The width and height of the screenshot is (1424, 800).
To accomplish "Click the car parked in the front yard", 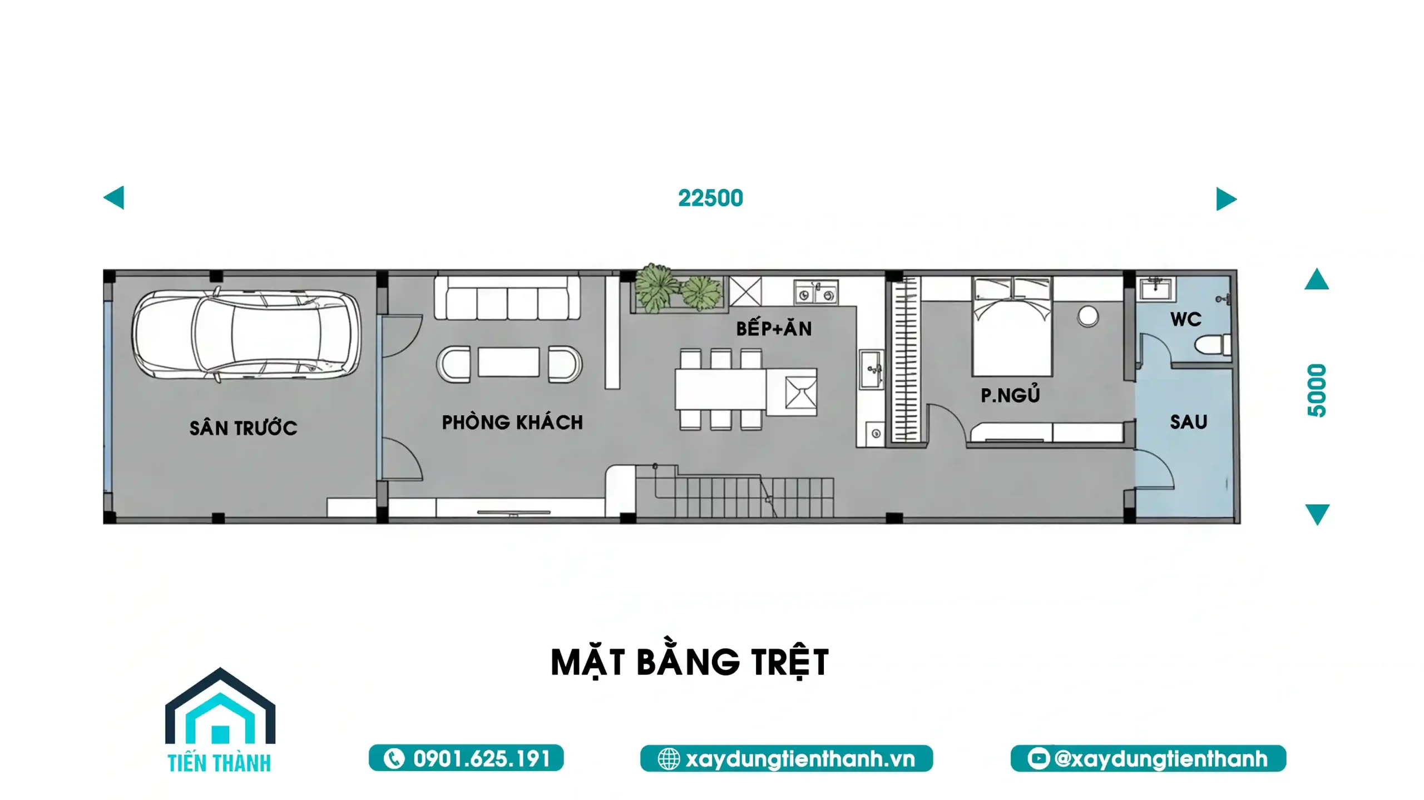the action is click(x=246, y=335).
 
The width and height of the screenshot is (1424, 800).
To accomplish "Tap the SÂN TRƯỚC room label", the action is click(x=243, y=428).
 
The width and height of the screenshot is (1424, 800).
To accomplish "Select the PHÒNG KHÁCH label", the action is click(x=512, y=422).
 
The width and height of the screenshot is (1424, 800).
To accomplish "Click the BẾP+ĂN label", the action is click(x=774, y=328).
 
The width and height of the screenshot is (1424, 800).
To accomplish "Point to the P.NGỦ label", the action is click(x=1010, y=394).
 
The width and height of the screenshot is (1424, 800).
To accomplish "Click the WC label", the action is click(x=1185, y=319).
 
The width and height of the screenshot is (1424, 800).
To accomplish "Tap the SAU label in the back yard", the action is click(x=1189, y=422).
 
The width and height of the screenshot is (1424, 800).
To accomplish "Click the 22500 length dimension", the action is click(x=710, y=198).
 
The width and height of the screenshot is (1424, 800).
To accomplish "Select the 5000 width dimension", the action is click(x=1317, y=390).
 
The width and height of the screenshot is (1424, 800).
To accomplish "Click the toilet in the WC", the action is click(x=1213, y=345).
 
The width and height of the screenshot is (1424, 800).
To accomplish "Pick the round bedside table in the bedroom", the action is click(x=1088, y=316).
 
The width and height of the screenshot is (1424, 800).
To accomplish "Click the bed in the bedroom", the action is click(x=1012, y=327).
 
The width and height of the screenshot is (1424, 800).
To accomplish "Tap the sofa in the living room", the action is click(x=507, y=299).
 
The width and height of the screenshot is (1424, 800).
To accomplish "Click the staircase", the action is click(x=734, y=492).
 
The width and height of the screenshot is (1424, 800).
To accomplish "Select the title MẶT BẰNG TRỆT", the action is click(x=690, y=663).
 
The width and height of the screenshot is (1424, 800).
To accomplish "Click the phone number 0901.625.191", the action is click(x=482, y=759).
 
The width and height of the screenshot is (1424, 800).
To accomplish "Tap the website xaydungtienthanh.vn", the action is click(x=800, y=759).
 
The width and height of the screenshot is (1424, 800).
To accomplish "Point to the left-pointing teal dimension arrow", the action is click(x=114, y=197).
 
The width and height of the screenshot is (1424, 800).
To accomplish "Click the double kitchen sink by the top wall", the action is click(x=815, y=292).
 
